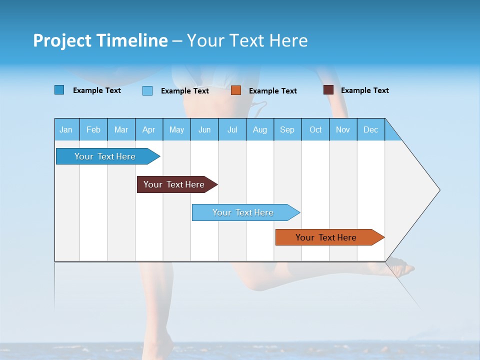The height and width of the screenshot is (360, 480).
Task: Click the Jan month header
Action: (x=66, y=129)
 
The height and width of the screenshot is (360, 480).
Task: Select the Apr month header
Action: (x=149, y=129)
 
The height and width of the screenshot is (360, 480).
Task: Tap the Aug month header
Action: (x=260, y=129)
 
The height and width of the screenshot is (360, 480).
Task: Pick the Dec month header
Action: (x=371, y=129)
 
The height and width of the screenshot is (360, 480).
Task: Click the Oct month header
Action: (x=315, y=129)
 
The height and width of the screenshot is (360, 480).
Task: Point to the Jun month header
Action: (x=204, y=129)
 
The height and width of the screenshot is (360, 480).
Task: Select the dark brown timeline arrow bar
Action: (x=175, y=184)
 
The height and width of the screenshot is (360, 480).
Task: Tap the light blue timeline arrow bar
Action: (x=244, y=212)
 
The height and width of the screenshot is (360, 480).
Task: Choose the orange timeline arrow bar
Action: (x=327, y=237)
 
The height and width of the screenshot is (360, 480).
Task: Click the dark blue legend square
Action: (x=59, y=90)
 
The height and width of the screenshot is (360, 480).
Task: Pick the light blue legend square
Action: (x=147, y=90)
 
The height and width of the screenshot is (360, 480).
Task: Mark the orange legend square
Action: (x=236, y=90)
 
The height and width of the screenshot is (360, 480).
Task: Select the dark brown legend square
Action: (x=328, y=90)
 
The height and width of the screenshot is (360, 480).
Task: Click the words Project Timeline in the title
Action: (x=100, y=40)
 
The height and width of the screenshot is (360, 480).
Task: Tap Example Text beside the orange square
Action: (x=273, y=91)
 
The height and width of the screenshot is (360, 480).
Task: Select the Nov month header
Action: (x=343, y=129)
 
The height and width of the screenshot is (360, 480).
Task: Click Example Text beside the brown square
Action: (x=365, y=90)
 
